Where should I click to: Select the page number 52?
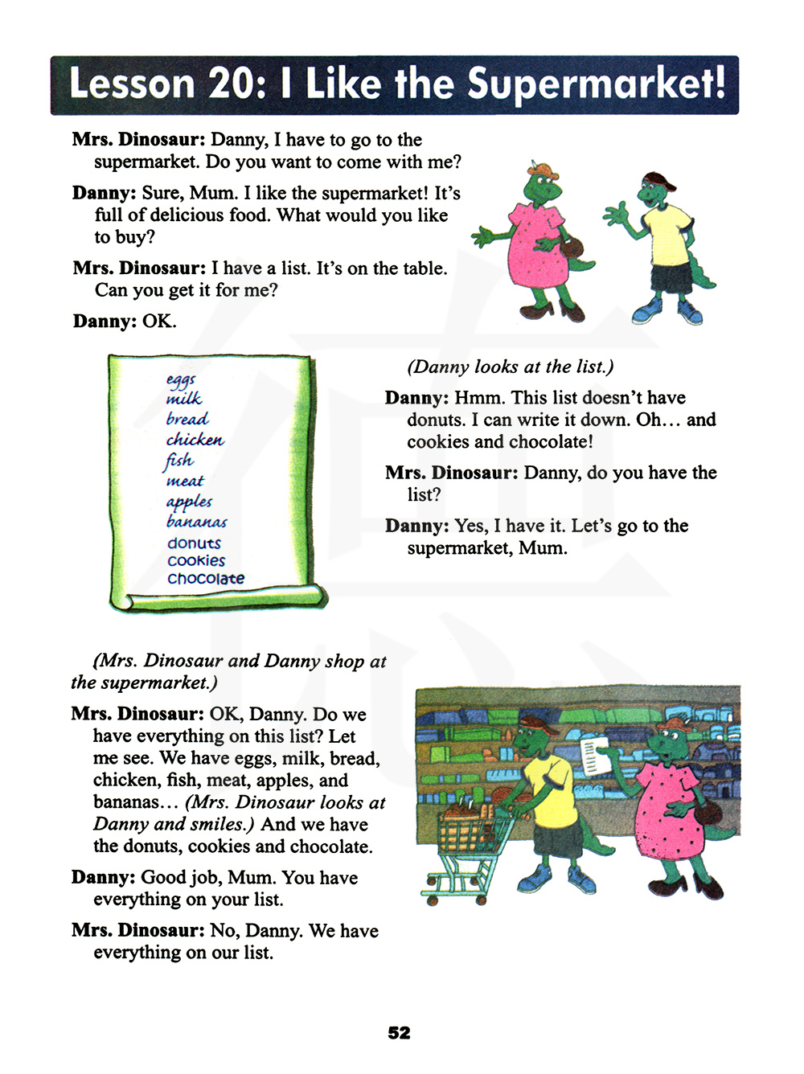coord(399,1033)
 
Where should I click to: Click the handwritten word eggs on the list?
coord(181,379)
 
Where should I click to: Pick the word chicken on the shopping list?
coord(195,440)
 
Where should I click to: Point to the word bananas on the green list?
coord(197,522)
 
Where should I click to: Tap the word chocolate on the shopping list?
coord(206,578)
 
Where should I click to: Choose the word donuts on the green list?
coord(194,543)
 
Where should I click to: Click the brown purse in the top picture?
coord(572,252)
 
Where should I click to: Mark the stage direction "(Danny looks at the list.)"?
coord(510,367)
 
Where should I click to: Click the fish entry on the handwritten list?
coord(178,460)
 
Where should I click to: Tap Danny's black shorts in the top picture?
coord(670,279)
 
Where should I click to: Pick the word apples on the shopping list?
coord(189,502)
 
